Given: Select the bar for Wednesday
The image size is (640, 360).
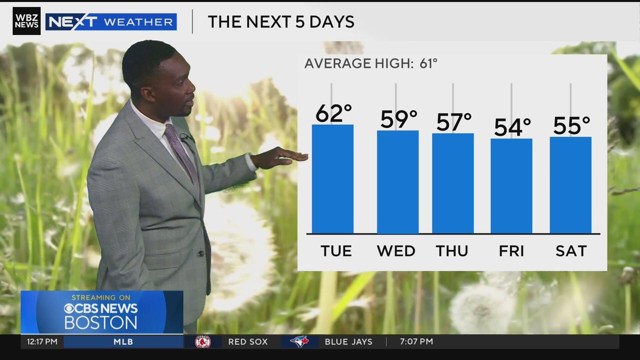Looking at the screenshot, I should pyautogui.click(x=397, y=182).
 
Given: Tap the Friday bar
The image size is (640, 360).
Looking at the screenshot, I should pyautogui.click(x=511, y=186).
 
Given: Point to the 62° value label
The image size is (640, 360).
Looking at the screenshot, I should pyautogui.click(x=333, y=113).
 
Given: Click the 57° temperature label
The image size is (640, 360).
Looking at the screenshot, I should pyautogui.click(x=453, y=122).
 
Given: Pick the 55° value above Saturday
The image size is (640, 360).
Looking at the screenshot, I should pyautogui.click(x=571, y=125).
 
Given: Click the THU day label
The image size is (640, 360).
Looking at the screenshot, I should pyautogui.click(x=452, y=251).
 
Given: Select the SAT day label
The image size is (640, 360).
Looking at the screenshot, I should pyautogui.click(x=571, y=251).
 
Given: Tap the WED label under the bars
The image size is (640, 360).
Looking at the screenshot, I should pyautogui.click(x=396, y=251).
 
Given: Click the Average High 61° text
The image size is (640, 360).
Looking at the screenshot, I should pyautogui.click(x=370, y=63).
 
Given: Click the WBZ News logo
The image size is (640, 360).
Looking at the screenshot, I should pyautogui.click(x=26, y=21).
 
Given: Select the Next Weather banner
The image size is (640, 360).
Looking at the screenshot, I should pyautogui.click(x=111, y=22).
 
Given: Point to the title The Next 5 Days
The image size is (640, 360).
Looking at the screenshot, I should pyautogui.click(x=281, y=22).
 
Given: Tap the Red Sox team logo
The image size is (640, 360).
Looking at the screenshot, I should pyautogui.click(x=202, y=342).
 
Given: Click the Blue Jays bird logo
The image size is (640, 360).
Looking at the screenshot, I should pyautogui.click(x=299, y=342).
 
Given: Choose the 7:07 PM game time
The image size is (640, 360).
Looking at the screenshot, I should pyautogui.click(x=416, y=342).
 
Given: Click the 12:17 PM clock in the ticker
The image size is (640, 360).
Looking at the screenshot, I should pyautogui.click(x=42, y=342).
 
